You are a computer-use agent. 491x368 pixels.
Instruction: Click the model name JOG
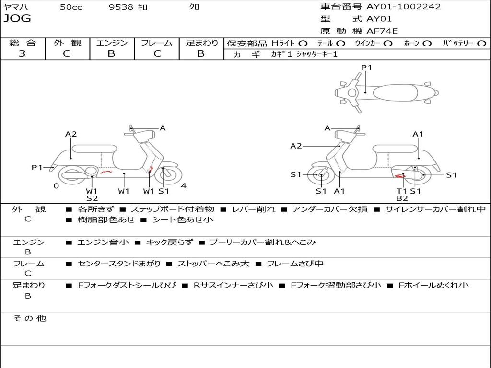tap(17, 18)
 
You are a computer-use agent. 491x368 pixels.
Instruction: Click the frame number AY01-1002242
tap(403, 7)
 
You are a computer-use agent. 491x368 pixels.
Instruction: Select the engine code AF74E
tap(382, 31)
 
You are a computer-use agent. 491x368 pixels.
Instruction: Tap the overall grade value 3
tap(22, 53)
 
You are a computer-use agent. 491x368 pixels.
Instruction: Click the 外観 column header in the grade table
tap(67, 43)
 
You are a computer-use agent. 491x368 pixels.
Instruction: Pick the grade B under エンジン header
tap(111, 53)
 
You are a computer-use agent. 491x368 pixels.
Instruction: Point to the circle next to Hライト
tap(303, 44)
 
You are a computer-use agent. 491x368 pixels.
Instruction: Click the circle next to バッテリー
tap(481, 44)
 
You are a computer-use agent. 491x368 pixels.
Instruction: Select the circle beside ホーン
tap(427, 44)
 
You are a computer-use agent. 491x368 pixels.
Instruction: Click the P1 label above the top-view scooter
tap(366, 67)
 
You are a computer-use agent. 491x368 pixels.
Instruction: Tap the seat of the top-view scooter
tap(395, 92)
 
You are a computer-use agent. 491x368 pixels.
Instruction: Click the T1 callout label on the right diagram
tap(402, 191)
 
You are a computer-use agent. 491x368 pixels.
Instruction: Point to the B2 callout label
tap(402, 198)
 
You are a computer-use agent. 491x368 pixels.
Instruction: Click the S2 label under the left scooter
tap(92, 198)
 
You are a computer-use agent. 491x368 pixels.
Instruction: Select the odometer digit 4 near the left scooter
tap(184, 186)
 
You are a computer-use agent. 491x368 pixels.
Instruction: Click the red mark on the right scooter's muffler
tap(400, 176)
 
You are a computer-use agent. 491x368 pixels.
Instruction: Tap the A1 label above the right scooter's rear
tap(418, 134)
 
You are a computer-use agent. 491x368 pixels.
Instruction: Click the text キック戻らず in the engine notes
tap(169, 242)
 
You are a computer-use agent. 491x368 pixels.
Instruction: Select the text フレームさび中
tap(295, 264)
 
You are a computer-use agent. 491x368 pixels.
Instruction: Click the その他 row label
tap(30, 318)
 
